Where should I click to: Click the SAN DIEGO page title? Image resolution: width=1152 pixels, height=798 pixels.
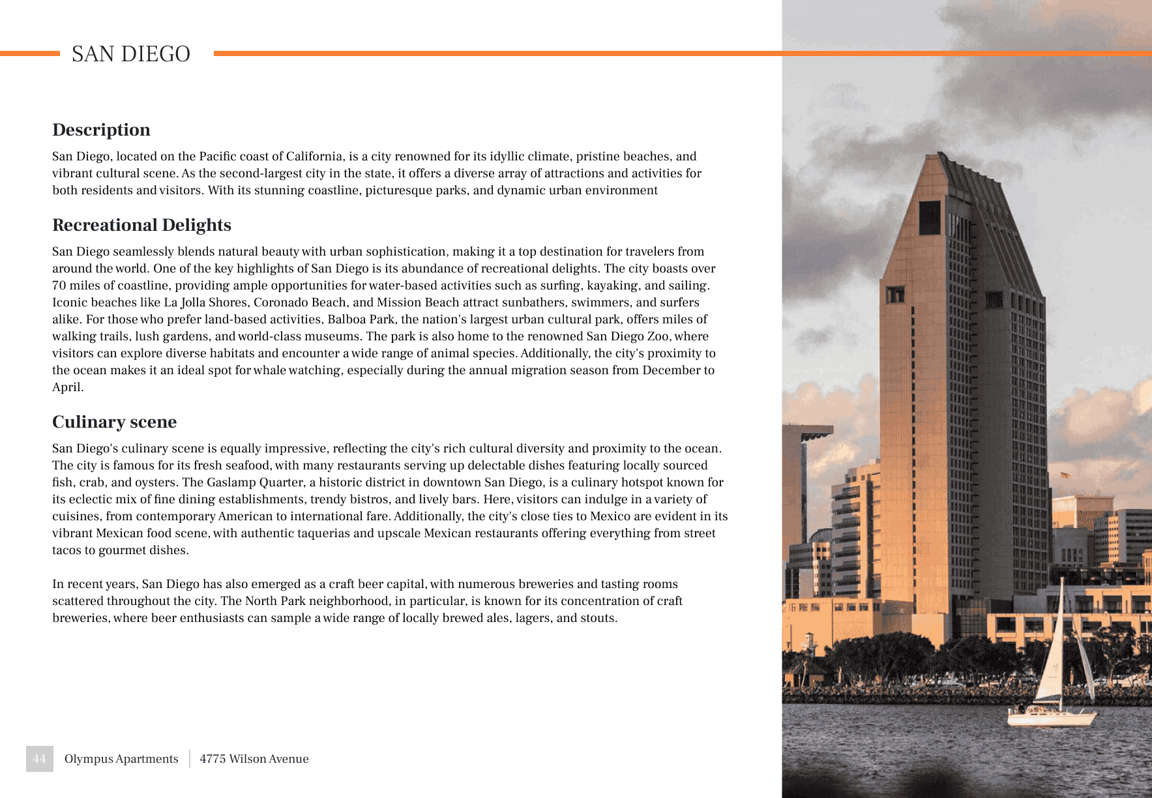[130, 54]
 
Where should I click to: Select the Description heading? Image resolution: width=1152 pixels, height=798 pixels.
[101, 130]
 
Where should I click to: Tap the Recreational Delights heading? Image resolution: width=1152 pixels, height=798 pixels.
[141, 225]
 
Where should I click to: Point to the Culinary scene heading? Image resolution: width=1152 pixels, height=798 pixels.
[114, 422]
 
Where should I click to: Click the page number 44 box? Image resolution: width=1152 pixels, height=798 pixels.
[39, 759]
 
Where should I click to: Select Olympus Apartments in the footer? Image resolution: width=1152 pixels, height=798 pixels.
[121, 759]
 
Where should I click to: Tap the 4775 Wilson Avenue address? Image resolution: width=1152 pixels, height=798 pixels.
[254, 759]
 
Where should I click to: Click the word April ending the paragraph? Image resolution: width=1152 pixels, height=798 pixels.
[67, 387]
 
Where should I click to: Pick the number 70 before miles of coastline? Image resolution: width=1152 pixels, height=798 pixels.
[59, 286]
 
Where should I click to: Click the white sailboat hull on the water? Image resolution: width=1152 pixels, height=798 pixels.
[1050, 718]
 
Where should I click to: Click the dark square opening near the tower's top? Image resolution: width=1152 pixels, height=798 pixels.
[929, 218]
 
